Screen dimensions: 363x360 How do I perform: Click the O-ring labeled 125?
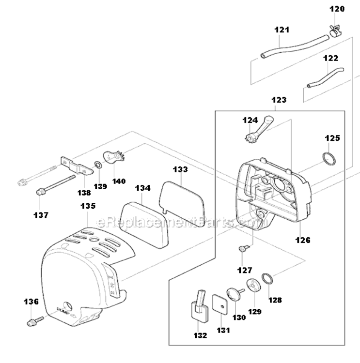(x=329, y=158)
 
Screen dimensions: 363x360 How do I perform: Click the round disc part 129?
(x=251, y=286)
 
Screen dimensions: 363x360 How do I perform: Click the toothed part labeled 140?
(x=114, y=158)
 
